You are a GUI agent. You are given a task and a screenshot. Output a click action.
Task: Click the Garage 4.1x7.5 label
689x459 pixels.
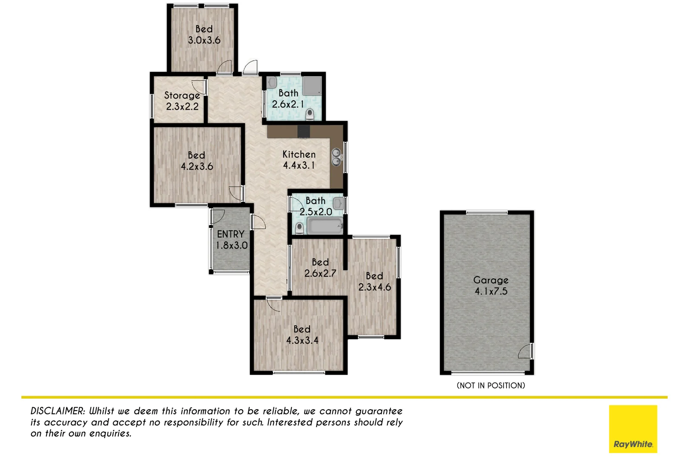click(x=491, y=286)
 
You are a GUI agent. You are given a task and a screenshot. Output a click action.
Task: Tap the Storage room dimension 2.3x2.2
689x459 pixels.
click(x=182, y=107)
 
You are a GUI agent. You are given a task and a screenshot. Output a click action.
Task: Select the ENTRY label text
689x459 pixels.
click(x=231, y=234)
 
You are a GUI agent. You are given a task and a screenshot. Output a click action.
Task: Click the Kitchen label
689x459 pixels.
click(x=299, y=154)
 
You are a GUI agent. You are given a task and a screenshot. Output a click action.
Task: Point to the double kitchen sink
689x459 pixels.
click(x=336, y=157)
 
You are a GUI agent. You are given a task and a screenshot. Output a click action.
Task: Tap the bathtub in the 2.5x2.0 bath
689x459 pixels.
click(x=325, y=226)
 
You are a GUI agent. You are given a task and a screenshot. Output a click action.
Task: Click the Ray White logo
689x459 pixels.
click(x=632, y=428)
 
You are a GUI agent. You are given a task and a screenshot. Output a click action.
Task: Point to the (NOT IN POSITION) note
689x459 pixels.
click(x=490, y=385)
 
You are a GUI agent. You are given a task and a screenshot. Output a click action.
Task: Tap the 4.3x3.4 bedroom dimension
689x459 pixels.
click(x=302, y=340)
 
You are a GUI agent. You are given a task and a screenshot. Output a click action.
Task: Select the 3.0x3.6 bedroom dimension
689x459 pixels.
click(x=204, y=40)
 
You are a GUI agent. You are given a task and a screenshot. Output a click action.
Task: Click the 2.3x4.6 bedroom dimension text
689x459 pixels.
click(x=374, y=287)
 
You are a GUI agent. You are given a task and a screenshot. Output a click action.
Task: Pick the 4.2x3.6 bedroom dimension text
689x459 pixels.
click(x=196, y=167)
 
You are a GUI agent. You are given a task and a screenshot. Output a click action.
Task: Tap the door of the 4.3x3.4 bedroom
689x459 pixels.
click(x=273, y=304)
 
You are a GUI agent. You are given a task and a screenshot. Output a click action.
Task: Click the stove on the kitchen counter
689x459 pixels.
click(x=303, y=131)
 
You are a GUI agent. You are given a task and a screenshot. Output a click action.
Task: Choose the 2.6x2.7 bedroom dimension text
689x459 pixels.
click(x=320, y=273)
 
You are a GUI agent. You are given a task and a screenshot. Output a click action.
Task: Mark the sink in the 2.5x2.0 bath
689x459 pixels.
click(x=338, y=203)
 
